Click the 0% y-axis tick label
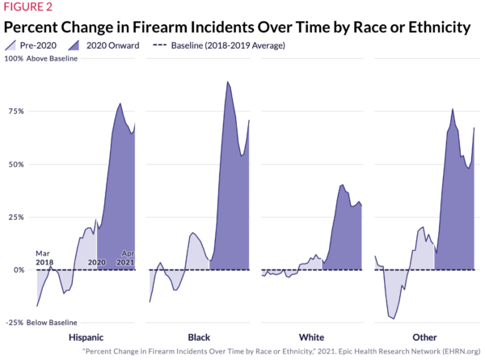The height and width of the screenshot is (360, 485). (x=17, y=269)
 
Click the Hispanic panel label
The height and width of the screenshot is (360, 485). (x=85, y=337)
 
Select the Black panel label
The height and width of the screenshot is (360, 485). (x=199, y=337)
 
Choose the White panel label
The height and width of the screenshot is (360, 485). (x=311, y=337)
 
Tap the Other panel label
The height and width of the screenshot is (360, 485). (x=424, y=337)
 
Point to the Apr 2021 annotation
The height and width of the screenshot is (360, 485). (x=127, y=257)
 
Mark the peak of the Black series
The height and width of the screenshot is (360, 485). (x=227, y=82)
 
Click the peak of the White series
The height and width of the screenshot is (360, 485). (x=343, y=184)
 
